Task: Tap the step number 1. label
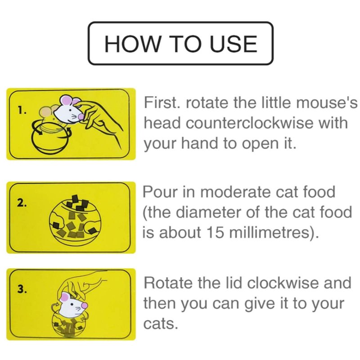(x=22, y=110)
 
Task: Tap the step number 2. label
(x=22, y=203)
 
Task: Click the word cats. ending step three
(x=161, y=324)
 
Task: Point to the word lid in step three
(x=234, y=283)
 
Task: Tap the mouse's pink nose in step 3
(x=85, y=306)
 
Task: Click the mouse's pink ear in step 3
(x=64, y=297)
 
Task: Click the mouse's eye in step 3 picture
(x=73, y=305)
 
